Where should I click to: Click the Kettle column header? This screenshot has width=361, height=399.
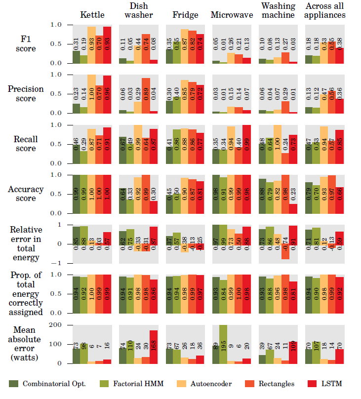pyautogui.click(x=92, y=15)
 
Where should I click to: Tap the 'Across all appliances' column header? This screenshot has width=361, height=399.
pyautogui.click(x=325, y=10)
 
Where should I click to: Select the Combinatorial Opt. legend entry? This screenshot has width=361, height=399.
pyautogui.click(x=48, y=384)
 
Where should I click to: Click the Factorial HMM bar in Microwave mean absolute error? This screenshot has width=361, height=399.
pyautogui.click(x=224, y=344)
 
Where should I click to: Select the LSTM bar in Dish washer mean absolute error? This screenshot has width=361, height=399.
pyautogui.click(x=154, y=347)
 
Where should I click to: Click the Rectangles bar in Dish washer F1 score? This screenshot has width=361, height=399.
pyautogui.click(x=146, y=49)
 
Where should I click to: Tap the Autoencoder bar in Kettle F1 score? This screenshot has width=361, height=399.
pyautogui.click(x=91, y=45)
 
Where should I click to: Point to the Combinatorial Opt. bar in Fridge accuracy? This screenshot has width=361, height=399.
pyautogui.click(x=169, y=204)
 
